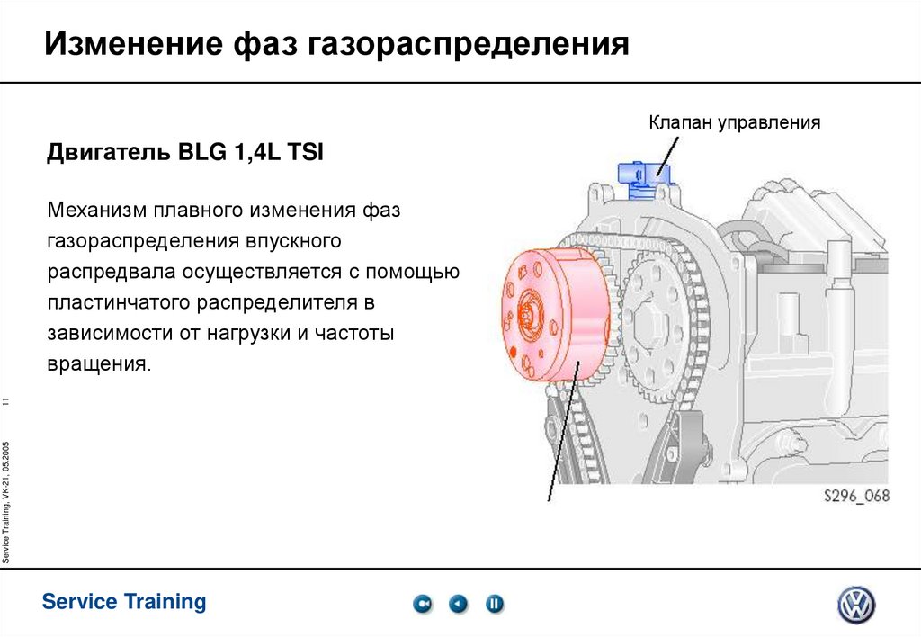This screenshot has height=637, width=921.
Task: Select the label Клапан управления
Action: point(734,121)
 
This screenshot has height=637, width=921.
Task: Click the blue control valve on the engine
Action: point(644,178)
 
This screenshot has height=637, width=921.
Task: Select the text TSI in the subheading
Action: point(306,153)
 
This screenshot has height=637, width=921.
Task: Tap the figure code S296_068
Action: point(854,497)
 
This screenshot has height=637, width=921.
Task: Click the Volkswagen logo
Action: point(855,605)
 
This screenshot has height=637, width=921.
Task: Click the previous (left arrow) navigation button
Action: point(459,604)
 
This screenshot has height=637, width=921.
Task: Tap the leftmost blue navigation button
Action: point(423,604)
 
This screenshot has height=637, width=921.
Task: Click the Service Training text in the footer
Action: point(124,602)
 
